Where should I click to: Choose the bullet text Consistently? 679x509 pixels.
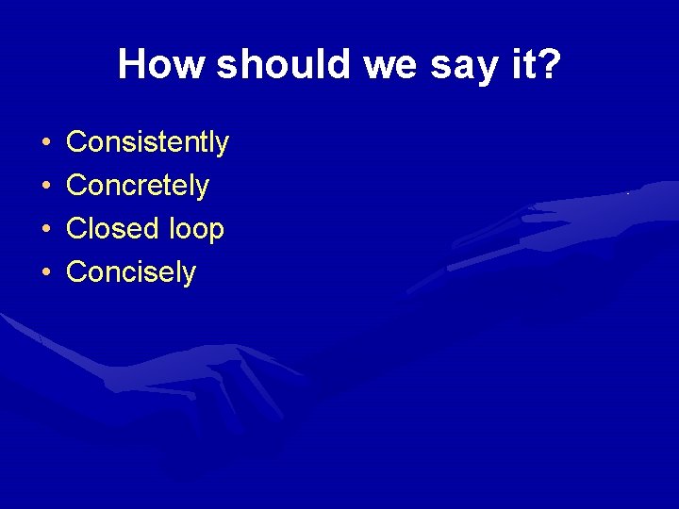(x=147, y=142)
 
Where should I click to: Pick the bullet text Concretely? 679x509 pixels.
(x=138, y=186)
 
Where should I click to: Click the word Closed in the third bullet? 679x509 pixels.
(x=111, y=229)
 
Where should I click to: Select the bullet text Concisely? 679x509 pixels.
(x=131, y=272)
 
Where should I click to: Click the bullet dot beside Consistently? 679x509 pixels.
(x=45, y=143)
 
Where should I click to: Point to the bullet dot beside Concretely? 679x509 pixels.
(x=45, y=187)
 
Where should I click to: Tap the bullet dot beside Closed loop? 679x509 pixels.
(x=45, y=230)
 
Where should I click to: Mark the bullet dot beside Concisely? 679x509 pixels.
(x=45, y=273)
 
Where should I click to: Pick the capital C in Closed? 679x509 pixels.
(x=76, y=229)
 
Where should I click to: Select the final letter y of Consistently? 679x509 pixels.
(x=223, y=145)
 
